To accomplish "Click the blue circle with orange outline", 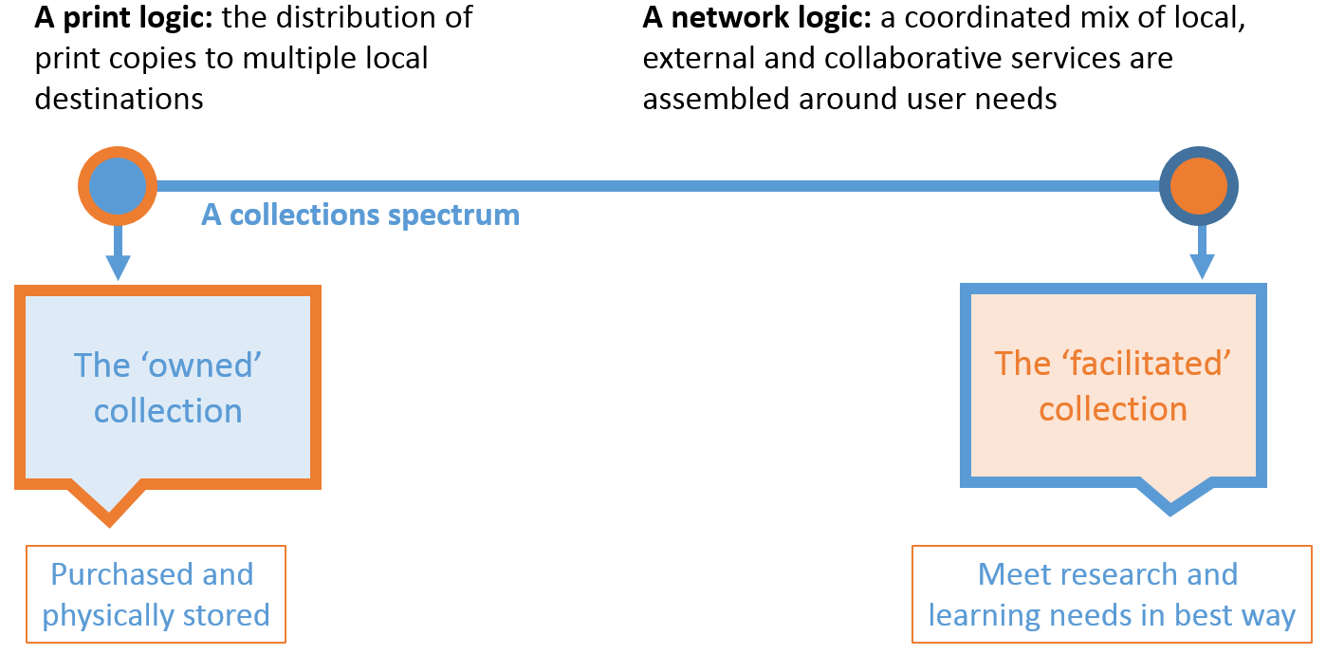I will (117, 186).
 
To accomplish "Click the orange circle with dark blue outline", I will (1200, 186).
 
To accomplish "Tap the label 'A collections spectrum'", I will (360, 215).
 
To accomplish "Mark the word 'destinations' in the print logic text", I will (119, 99).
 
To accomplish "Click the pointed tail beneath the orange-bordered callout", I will (109, 508).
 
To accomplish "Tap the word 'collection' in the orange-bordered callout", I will (168, 411).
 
